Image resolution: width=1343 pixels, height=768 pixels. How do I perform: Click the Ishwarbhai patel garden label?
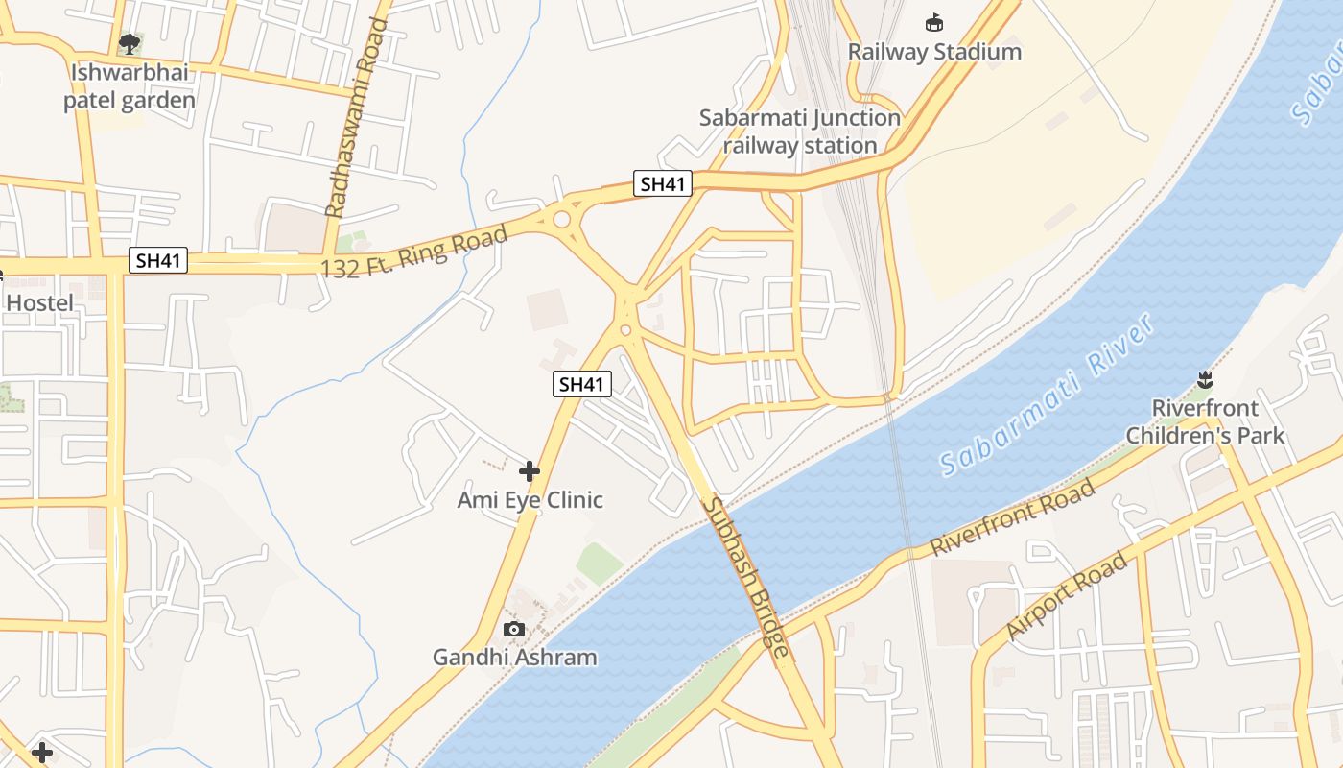[130, 86]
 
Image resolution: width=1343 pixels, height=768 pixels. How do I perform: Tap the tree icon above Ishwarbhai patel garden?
[130, 43]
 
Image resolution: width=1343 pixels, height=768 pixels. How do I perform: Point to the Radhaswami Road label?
[358, 117]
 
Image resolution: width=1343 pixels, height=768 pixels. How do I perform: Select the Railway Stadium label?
[934, 52]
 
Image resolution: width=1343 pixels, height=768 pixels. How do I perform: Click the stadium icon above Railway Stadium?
[933, 22]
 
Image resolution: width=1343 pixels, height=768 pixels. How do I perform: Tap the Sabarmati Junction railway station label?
[800, 132]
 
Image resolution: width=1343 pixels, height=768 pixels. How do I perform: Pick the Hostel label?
[39, 303]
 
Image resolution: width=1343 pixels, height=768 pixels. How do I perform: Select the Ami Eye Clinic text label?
[530, 500]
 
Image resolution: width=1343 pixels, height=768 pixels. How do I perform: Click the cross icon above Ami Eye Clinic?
[530, 471]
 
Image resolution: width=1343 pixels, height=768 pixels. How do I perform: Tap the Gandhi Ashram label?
[515, 658]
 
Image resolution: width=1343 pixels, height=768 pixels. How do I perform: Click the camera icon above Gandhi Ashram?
[514, 630]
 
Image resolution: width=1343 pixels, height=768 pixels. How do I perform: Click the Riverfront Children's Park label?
[1205, 421]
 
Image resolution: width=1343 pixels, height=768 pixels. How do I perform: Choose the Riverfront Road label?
[1013, 518]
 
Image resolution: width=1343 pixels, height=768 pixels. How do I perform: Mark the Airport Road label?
[1067, 597]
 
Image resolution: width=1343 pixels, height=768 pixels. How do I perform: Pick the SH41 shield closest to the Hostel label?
[158, 260]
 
